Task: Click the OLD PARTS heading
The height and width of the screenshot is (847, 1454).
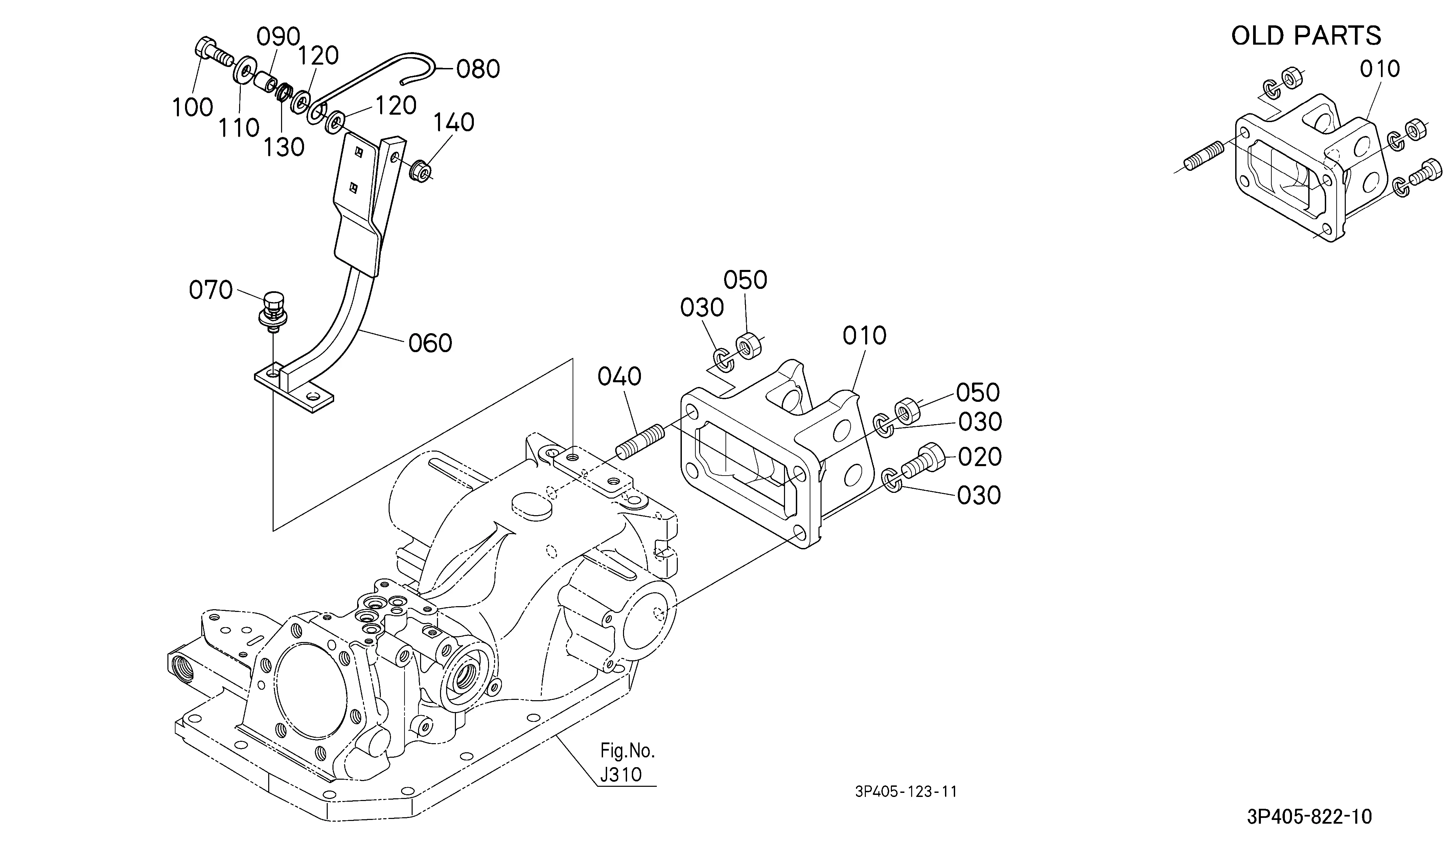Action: [1306, 36]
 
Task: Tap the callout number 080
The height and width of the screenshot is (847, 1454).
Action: [478, 69]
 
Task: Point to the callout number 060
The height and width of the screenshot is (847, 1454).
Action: [430, 343]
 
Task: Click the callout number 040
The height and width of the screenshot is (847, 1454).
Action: [619, 377]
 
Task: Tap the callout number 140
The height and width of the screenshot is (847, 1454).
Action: [454, 123]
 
